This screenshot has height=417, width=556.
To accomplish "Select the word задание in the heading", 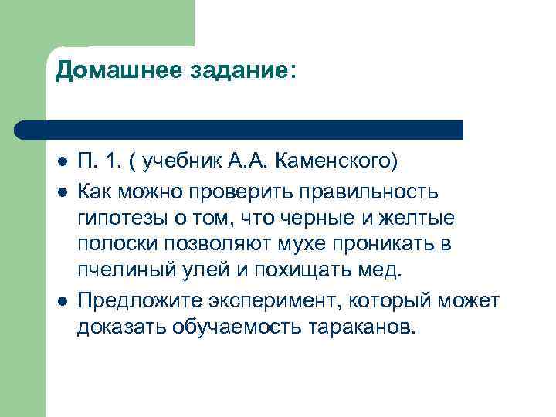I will click(234, 71).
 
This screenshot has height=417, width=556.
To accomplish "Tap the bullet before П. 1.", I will click(62, 164).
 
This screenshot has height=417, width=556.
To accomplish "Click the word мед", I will click(384, 272).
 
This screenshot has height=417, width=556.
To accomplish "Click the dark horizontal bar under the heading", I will click(239, 129).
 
